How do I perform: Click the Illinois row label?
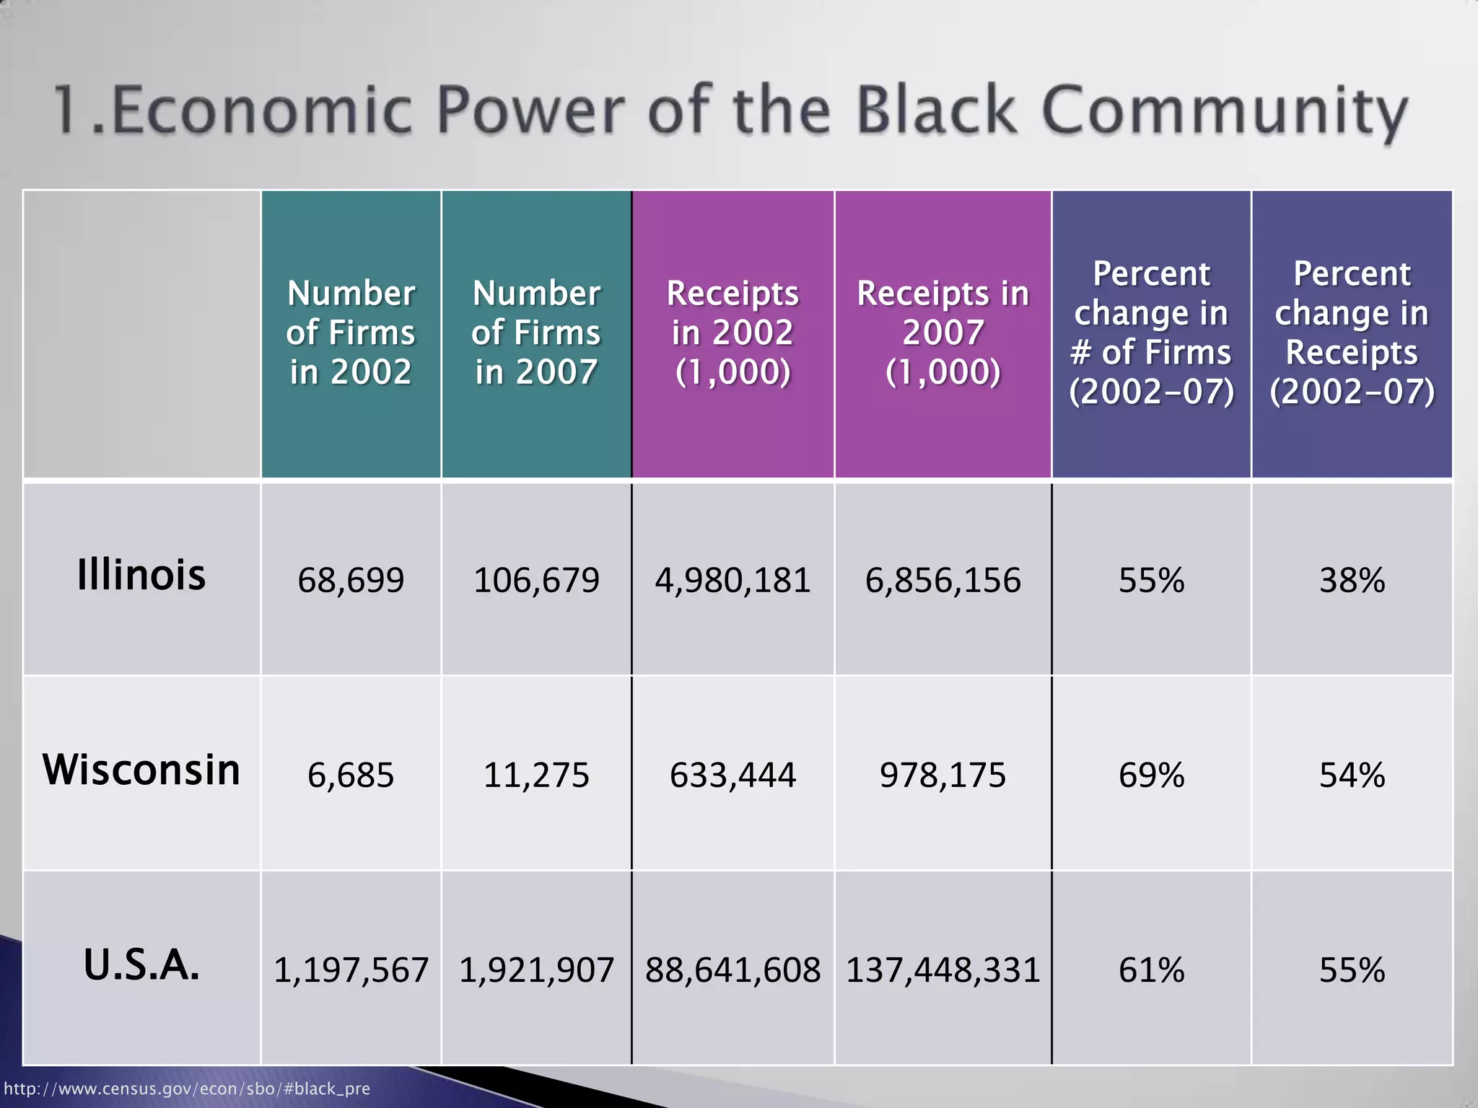tap(141, 576)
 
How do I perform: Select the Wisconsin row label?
tap(141, 770)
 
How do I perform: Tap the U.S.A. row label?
tap(141, 965)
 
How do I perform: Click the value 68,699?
tap(351, 580)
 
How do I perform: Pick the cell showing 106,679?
tap(536, 580)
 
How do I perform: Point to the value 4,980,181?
tap(733, 580)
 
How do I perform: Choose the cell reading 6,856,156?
tap(943, 580)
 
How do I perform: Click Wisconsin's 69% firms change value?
tap(1151, 775)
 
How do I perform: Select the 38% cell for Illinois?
tap(1352, 580)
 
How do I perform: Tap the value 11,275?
tap(536, 775)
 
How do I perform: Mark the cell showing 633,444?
tap(733, 775)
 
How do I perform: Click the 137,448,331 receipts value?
tap(943, 970)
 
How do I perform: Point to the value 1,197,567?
tap(351, 970)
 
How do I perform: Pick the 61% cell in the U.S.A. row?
tap(1151, 970)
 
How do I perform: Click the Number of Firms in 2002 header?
tap(351, 333)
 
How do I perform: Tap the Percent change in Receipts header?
tap(1352, 333)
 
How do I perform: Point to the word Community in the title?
tap(1224, 112)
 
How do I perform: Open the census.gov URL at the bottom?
tap(187, 1089)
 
